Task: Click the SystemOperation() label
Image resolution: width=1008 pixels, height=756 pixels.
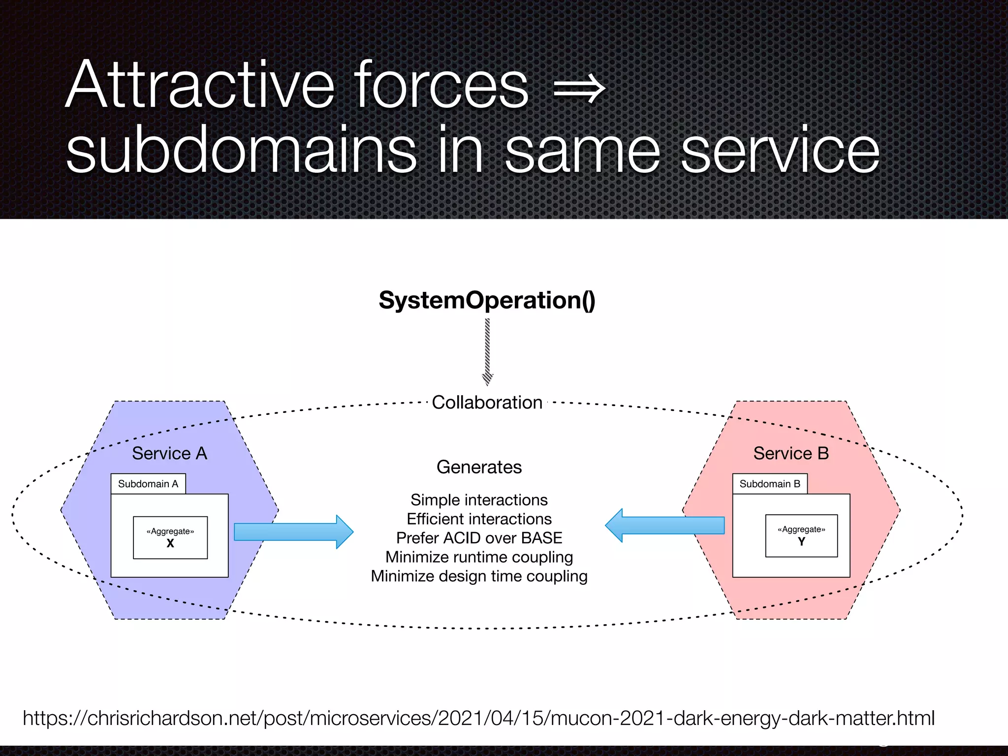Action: (x=487, y=300)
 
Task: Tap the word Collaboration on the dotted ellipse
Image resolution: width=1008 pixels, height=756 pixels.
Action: (x=487, y=403)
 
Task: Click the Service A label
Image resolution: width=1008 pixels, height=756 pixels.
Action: (x=169, y=453)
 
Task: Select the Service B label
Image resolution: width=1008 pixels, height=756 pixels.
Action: (x=791, y=453)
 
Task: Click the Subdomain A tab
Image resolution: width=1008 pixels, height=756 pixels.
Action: (x=148, y=484)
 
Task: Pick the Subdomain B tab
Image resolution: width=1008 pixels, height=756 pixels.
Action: (x=770, y=484)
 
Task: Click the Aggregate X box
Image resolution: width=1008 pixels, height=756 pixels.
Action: (x=170, y=537)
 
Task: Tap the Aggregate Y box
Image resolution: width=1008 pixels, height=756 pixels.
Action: (x=801, y=536)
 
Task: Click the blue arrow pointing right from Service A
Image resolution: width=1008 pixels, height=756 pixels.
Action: (x=293, y=532)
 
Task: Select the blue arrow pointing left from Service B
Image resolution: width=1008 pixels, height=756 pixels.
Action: (x=664, y=525)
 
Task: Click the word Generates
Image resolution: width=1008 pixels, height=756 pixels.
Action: (x=479, y=467)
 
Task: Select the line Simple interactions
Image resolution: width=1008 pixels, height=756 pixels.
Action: (x=479, y=500)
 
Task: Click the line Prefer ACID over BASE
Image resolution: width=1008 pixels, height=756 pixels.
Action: (x=479, y=538)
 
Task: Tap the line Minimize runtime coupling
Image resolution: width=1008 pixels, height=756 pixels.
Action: (x=479, y=557)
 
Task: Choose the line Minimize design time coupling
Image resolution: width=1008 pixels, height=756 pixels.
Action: (x=479, y=576)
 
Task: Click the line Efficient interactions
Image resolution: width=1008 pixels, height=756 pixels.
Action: (x=479, y=519)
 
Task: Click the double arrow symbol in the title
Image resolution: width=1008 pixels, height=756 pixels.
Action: (x=579, y=89)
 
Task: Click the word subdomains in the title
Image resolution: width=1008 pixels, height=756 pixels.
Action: (x=241, y=151)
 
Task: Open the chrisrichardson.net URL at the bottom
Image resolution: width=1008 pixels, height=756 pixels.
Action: (x=478, y=718)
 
